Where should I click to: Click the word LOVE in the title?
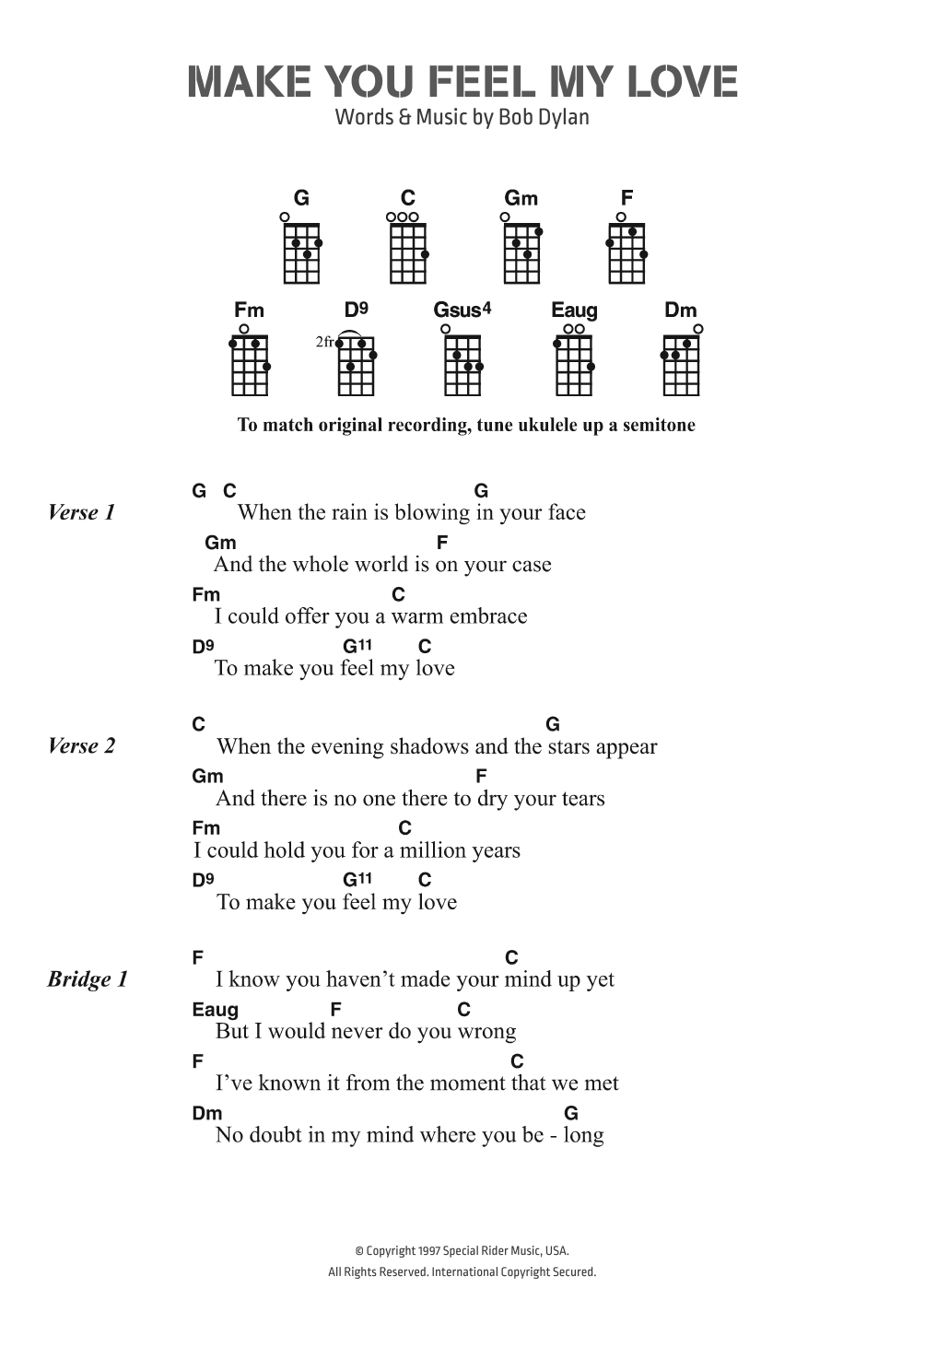682,82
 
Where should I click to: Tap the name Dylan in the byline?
561,117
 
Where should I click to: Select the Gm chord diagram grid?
521,253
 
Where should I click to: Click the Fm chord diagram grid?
249,366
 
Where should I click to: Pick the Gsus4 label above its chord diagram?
462,310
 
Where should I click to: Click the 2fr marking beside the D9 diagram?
324,342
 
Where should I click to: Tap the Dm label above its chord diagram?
680,310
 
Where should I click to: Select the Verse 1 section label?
81,512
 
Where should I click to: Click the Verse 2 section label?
81,745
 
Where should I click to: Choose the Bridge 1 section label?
88,978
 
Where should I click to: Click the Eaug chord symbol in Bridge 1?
215,1009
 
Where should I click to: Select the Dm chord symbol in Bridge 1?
207,1113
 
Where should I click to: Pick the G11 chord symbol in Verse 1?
357,646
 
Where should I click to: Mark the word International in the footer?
468,1271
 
